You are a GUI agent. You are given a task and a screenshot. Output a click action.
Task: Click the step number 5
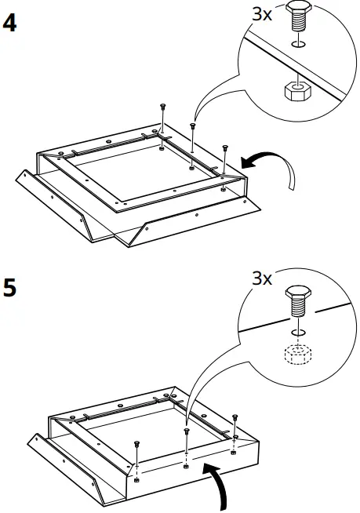point(10,287)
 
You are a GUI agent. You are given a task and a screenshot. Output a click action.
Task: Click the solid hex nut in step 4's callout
point(295,91)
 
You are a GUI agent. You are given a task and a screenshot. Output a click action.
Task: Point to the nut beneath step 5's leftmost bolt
point(138,478)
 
